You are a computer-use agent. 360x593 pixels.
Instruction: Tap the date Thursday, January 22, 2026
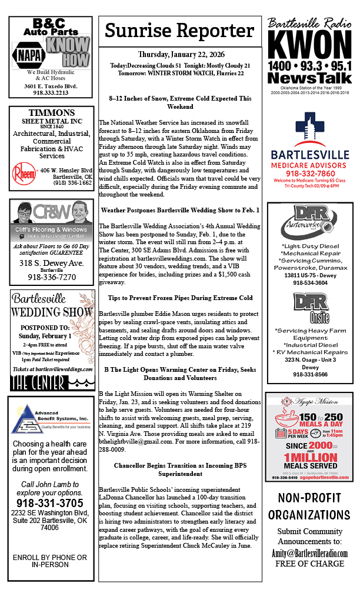coord(180,54)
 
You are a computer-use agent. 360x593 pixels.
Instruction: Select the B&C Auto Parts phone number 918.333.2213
coord(51,92)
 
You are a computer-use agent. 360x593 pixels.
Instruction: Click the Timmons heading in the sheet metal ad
coord(51,113)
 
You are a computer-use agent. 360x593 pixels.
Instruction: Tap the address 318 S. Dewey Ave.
coord(51,263)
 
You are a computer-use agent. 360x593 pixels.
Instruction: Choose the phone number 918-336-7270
coord(51,277)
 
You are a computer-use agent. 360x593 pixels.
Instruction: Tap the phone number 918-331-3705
coord(51,503)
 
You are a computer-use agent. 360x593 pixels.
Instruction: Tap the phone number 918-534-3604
coord(309,283)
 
